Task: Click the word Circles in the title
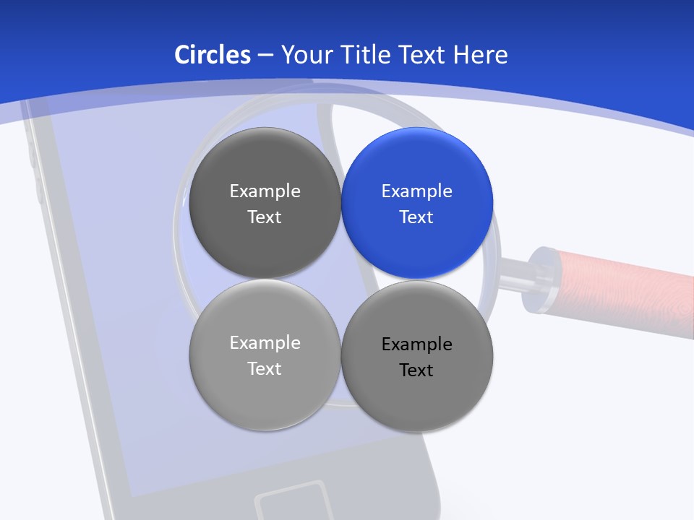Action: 212,55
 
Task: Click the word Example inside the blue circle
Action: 416,191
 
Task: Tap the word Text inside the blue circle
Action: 416,217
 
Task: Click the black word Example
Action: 416,344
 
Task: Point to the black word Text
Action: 416,370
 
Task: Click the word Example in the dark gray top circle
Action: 265,191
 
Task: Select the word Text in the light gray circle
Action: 265,369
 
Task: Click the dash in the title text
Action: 265,55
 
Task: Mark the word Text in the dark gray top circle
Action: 265,217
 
